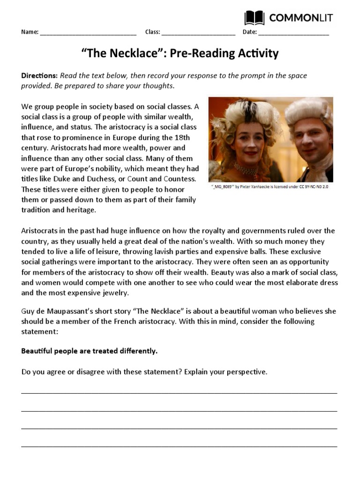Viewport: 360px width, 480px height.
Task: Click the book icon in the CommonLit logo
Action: (255, 18)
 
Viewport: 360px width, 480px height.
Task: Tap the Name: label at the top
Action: (30, 32)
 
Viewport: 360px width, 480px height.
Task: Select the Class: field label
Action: (153, 32)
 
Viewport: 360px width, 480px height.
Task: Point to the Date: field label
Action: (249, 32)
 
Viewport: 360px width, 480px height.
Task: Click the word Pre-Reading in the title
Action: (195, 53)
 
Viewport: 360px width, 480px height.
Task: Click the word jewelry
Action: (112, 292)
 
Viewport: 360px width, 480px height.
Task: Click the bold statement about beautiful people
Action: (90, 351)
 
